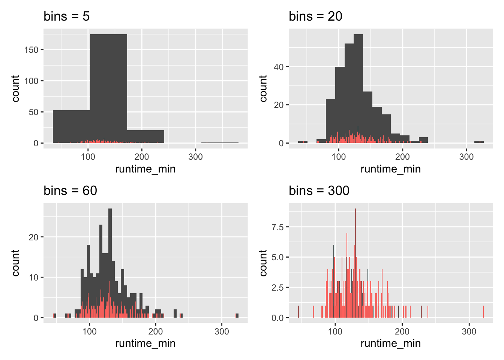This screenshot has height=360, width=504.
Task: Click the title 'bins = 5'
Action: coord(66,16)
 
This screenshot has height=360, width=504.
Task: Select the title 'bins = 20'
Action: coord(315,16)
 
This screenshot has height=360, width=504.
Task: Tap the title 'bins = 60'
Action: coord(70,191)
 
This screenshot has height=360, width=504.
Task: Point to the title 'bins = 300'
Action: coord(319,191)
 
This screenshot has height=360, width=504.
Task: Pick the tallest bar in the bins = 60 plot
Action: coord(110,262)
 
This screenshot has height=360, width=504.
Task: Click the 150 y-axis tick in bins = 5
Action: coord(31,50)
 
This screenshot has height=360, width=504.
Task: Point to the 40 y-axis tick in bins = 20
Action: coord(279,67)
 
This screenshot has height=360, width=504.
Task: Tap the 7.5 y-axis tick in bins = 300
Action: coord(278,227)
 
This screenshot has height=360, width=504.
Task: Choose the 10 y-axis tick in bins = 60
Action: coord(34,277)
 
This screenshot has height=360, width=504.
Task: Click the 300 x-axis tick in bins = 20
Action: coord(466,157)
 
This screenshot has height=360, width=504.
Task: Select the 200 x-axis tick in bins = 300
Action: coord(402,331)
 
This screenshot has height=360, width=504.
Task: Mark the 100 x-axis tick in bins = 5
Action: coord(88,157)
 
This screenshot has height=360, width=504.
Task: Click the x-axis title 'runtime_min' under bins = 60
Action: coord(145,343)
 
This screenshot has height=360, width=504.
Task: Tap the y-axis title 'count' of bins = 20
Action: coord(263,88)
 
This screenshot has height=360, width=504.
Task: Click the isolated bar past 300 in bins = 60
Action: coord(237,316)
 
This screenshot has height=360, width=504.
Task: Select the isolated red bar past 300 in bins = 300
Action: coord(483,312)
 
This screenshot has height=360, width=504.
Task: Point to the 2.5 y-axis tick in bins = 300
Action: coord(278,288)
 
